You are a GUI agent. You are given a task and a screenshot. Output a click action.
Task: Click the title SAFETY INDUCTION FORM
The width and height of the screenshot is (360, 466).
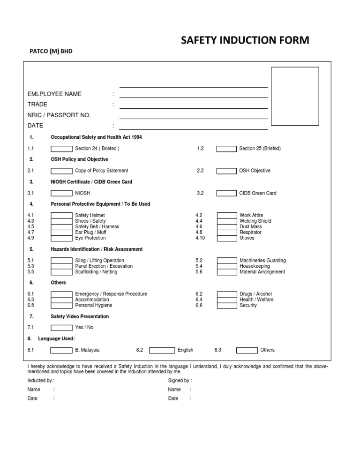[x=245, y=40]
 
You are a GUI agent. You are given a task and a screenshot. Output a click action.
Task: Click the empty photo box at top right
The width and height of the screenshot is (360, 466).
[x=295, y=96]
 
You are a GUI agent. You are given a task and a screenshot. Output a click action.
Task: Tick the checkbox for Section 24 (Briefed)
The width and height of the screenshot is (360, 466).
[x=61, y=149]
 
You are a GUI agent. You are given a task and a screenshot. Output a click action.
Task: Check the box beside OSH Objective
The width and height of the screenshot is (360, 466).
[x=226, y=171]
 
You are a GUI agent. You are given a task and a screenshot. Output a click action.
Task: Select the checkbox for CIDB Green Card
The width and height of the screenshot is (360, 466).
[x=226, y=193]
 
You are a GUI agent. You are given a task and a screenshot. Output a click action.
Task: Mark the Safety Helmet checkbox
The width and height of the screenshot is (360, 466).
[x=61, y=215]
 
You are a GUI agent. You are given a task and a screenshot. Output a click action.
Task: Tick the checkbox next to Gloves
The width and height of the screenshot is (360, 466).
[x=226, y=238]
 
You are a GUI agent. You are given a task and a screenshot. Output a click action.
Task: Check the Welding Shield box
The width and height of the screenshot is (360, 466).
[x=226, y=221]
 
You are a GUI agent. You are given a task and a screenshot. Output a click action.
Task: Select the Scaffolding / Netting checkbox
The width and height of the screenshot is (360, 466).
[x=61, y=272]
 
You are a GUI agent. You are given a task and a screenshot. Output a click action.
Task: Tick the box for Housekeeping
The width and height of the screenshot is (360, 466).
[x=226, y=266]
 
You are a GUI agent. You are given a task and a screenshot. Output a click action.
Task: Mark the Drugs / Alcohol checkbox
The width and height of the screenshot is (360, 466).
[x=226, y=294]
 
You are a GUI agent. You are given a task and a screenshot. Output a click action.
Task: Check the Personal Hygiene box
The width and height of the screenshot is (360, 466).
[x=61, y=305]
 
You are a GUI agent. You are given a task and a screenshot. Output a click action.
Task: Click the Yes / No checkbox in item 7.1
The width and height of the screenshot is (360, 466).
[x=61, y=328]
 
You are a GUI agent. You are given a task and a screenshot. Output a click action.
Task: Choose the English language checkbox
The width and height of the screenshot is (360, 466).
[x=162, y=350]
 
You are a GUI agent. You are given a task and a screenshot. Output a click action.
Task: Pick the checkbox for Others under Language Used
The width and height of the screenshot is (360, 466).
[x=247, y=350]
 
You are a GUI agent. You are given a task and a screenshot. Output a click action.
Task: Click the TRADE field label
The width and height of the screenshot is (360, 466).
[x=37, y=105]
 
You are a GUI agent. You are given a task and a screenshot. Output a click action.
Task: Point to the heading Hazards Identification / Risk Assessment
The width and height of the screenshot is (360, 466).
[x=97, y=249]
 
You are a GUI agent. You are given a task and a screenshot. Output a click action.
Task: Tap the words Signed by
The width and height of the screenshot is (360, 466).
[x=180, y=381]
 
